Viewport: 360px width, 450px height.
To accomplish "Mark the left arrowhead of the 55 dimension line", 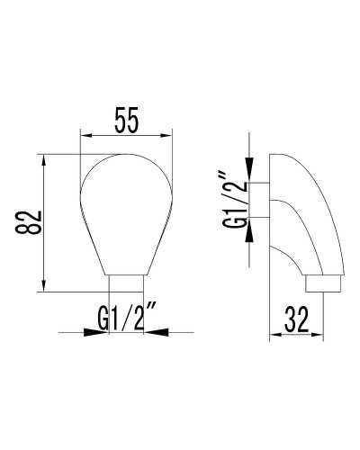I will (x=85, y=137).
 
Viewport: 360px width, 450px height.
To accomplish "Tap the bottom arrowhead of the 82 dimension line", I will (x=43, y=285).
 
